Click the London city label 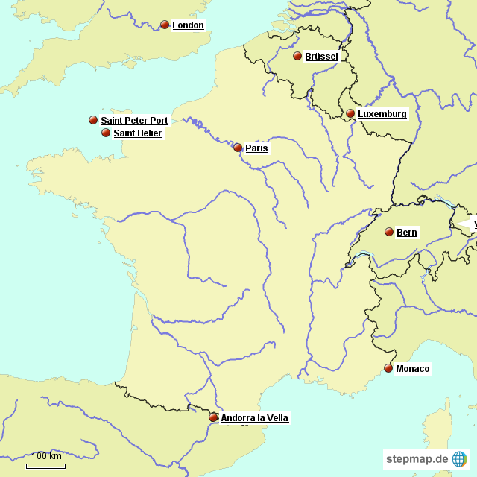188,25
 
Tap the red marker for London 165,25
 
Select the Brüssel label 321,57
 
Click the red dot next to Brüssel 297,56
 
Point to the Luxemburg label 382,114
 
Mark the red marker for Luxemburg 350,113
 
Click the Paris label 256,148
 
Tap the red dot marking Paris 238,148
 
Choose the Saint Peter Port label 134,120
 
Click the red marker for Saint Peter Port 93,119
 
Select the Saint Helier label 137,133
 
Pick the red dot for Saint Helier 106,133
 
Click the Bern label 407,233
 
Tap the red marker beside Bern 389,232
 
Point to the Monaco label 412,369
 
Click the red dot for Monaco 388,368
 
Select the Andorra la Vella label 254,418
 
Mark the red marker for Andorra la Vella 213,417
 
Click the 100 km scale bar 45,465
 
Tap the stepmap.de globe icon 459,459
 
